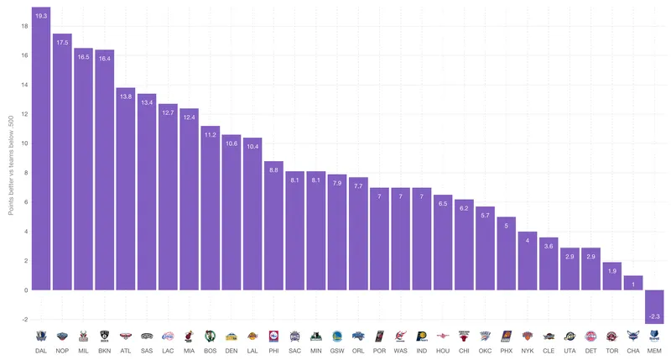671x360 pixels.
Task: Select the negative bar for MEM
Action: pos(654,306)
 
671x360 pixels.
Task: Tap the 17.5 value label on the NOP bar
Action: pos(63,42)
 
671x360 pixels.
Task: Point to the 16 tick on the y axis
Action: pos(24,55)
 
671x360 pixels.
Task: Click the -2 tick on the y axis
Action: pos(24,320)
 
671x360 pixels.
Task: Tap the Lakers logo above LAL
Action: pos(252,336)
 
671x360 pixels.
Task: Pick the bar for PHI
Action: pos(274,227)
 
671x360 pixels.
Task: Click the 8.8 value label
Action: pos(274,170)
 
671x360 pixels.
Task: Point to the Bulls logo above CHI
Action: pos(464,336)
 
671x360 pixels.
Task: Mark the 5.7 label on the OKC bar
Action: pos(486,216)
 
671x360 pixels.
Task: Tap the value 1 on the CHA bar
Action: pos(633,284)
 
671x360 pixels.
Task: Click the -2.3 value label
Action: pos(654,316)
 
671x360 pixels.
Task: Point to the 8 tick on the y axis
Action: pos(24,173)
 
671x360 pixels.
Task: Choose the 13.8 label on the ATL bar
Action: pos(126,97)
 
